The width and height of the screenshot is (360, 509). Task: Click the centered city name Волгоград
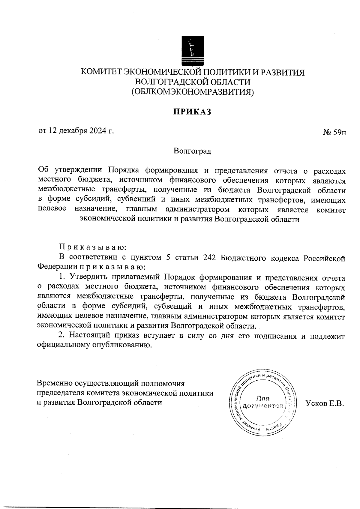point(192,151)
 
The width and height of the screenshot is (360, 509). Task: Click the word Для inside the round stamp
point(263,399)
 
